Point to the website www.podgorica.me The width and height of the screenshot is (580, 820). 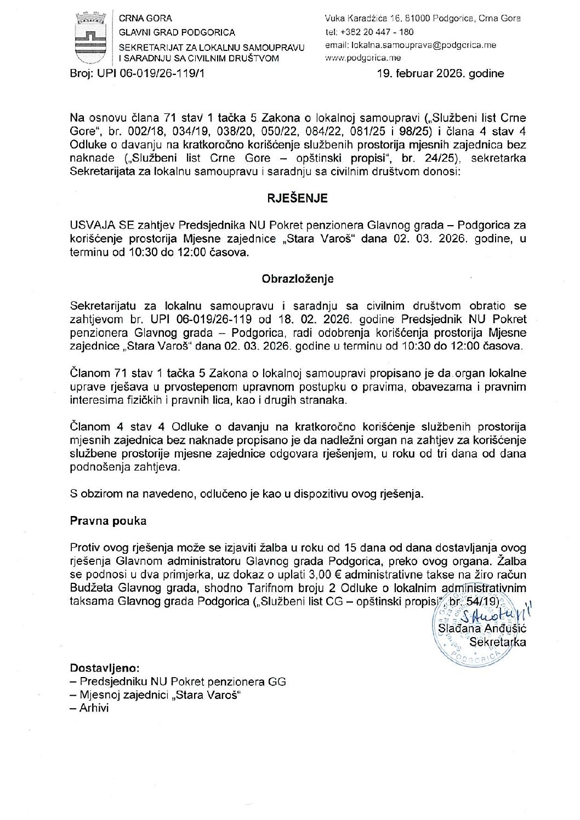pyautogui.click(x=362, y=58)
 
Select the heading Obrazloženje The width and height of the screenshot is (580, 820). pyautogui.click(x=298, y=278)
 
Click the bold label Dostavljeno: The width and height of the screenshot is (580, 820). pyautogui.click(x=105, y=668)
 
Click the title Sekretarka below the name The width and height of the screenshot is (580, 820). pyautogui.click(x=497, y=642)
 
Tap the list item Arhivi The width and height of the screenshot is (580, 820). pyautogui.click(x=94, y=708)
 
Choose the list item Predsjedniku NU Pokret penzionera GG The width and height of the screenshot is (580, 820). pyautogui.click(x=182, y=682)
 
